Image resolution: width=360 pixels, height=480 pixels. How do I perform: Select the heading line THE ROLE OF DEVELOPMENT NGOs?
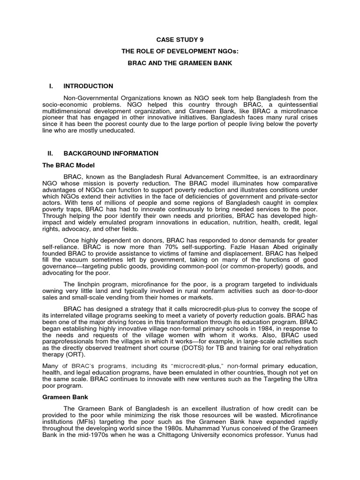click(x=180, y=51)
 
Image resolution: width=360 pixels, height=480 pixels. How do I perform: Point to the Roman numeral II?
click(x=52, y=153)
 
